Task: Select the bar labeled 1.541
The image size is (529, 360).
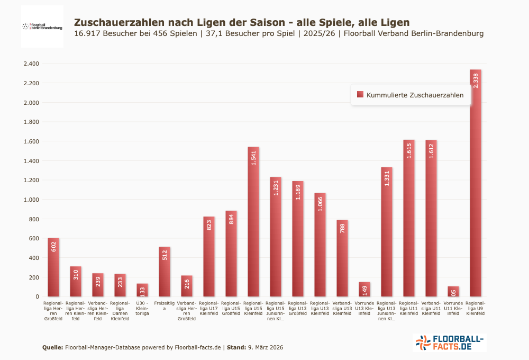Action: tap(253, 222)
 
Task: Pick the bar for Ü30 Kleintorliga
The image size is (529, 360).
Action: tap(142, 290)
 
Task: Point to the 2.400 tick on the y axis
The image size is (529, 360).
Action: tap(31, 64)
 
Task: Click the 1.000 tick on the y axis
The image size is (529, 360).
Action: tap(31, 200)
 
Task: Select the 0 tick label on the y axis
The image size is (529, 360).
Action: tap(37, 296)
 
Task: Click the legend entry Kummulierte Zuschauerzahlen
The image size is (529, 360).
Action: tap(415, 95)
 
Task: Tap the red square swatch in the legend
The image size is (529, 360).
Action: tap(360, 94)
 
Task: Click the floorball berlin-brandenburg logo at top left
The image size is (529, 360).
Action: tap(42, 26)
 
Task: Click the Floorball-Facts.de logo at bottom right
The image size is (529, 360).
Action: tap(449, 343)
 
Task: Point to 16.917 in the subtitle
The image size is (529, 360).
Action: tap(88, 33)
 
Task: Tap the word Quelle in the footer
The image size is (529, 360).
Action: tap(52, 347)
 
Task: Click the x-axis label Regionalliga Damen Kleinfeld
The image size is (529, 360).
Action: tap(120, 311)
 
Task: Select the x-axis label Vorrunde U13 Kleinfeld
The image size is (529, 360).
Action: tap(364, 308)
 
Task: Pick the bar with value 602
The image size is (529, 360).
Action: tap(53, 267)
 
